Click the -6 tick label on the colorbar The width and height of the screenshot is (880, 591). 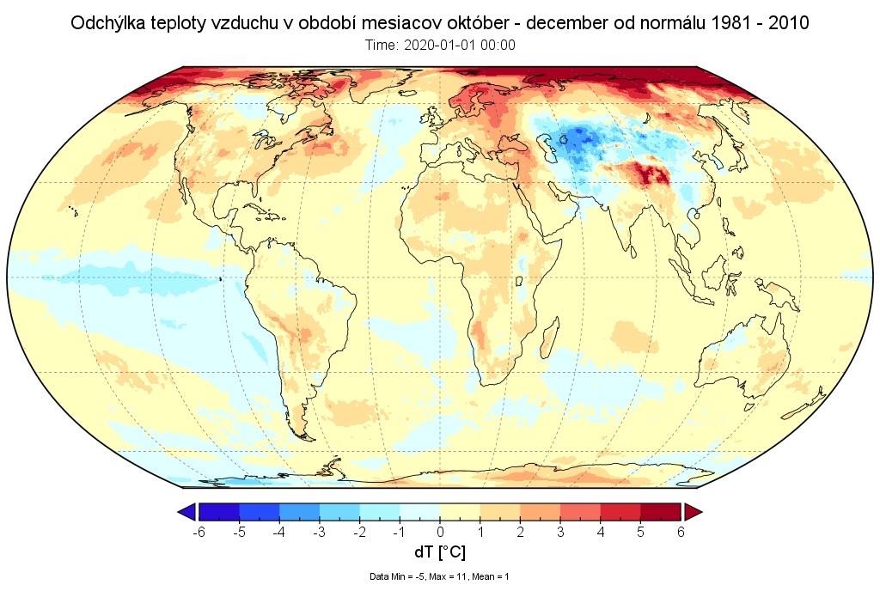pyautogui.click(x=199, y=532)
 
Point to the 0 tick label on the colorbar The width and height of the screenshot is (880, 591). pyautogui.click(x=440, y=532)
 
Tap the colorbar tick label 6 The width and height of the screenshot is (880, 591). pyautogui.click(x=681, y=532)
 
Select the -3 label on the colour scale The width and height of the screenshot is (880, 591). pyautogui.click(x=320, y=532)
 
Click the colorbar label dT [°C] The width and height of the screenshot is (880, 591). pyautogui.click(x=439, y=552)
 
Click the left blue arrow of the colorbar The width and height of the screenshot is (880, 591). pyautogui.click(x=186, y=512)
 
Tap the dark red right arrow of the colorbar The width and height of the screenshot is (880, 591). pyautogui.click(x=693, y=512)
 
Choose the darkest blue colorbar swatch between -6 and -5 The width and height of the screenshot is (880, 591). pyautogui.click(x=219, y=512)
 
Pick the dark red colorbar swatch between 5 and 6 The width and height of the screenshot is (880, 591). pyautogui.click(x=661, y=512)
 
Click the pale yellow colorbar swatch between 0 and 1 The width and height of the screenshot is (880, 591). pyautogui.click(x=460, y=512)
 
